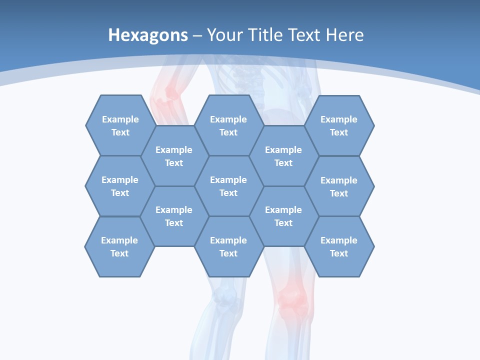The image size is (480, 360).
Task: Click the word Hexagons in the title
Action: click(148, 35)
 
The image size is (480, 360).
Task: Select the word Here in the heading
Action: click(344, 35)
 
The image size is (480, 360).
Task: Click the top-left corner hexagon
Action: click(120, 125)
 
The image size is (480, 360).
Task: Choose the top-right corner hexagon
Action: click(339, 125)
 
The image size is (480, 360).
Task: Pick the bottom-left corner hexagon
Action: click(119, 246)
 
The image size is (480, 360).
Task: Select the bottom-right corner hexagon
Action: click(339, 246)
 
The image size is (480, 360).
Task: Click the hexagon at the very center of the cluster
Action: click(228, 186)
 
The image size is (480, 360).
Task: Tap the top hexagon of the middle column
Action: click(228, 125)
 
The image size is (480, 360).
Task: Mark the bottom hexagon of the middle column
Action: click(228, 246)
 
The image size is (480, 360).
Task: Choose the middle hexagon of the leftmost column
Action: click(120, 186)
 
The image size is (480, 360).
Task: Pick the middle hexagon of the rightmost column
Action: click(339, 186)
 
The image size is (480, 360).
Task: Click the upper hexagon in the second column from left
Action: click(174, 156)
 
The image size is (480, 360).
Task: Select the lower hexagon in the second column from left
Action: click(174, 216)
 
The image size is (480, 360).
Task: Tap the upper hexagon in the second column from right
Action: click(283, 156)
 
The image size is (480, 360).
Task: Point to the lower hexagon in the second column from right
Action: click(283, 216)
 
